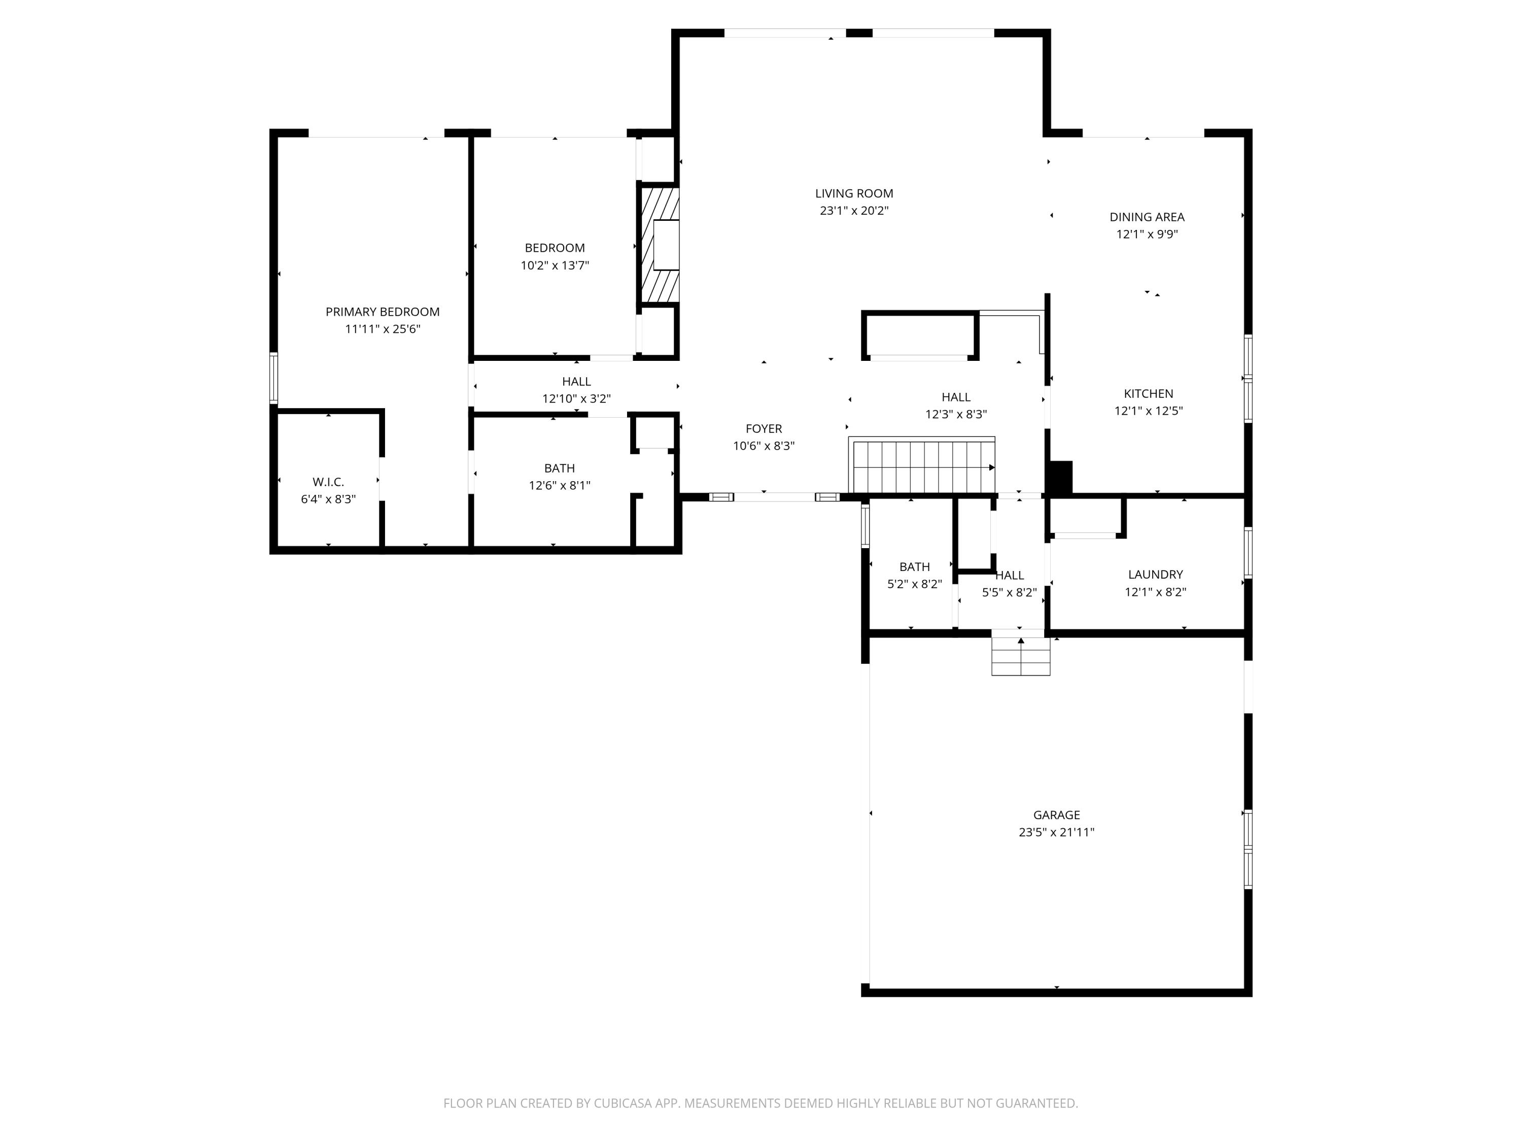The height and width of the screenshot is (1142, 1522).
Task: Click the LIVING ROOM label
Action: pyautogui.click(x=854, y=194)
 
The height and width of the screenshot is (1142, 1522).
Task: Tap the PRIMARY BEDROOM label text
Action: pyautogui.click(x=383, y=312)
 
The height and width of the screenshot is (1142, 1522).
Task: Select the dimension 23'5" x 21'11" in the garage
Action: pyautogui.click(x=1056, y=831)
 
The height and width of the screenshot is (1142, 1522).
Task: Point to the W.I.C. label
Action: pyautogui.click(x=328, y=482)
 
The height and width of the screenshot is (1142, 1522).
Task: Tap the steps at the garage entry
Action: pyautogui.click(x=1020, y=655)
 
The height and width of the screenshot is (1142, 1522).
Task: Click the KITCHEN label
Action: pyautogui.click(x=1149, y=394)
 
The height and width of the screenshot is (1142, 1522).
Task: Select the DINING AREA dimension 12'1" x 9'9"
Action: pyautogui.click(x=1147, y=234)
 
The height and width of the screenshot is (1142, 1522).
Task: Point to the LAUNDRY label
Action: pyautogui.click(x=1155, y=574)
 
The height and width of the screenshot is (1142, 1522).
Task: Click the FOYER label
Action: pyautogui.click(x=764, y=429)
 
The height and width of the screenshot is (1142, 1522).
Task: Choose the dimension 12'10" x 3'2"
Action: pyautogui.click(x=577, y=398)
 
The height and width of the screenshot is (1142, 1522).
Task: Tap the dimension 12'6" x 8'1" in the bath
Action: pyautogui.click(x=560, y=485)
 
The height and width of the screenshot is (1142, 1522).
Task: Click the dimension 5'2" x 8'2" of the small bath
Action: pyautogui.click(x=914, y=584)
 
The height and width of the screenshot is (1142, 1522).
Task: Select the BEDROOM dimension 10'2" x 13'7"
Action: pyautogui.click(x=555, y=265)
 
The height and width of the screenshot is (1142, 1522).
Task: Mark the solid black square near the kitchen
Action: pyautogui.click(x=1060, y=477)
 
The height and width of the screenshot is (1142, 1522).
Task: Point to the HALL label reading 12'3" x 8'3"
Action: pyautogui.click(x=956, y=397)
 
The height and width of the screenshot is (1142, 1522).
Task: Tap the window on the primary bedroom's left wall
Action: pyautogui.click(x=273, y=377)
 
